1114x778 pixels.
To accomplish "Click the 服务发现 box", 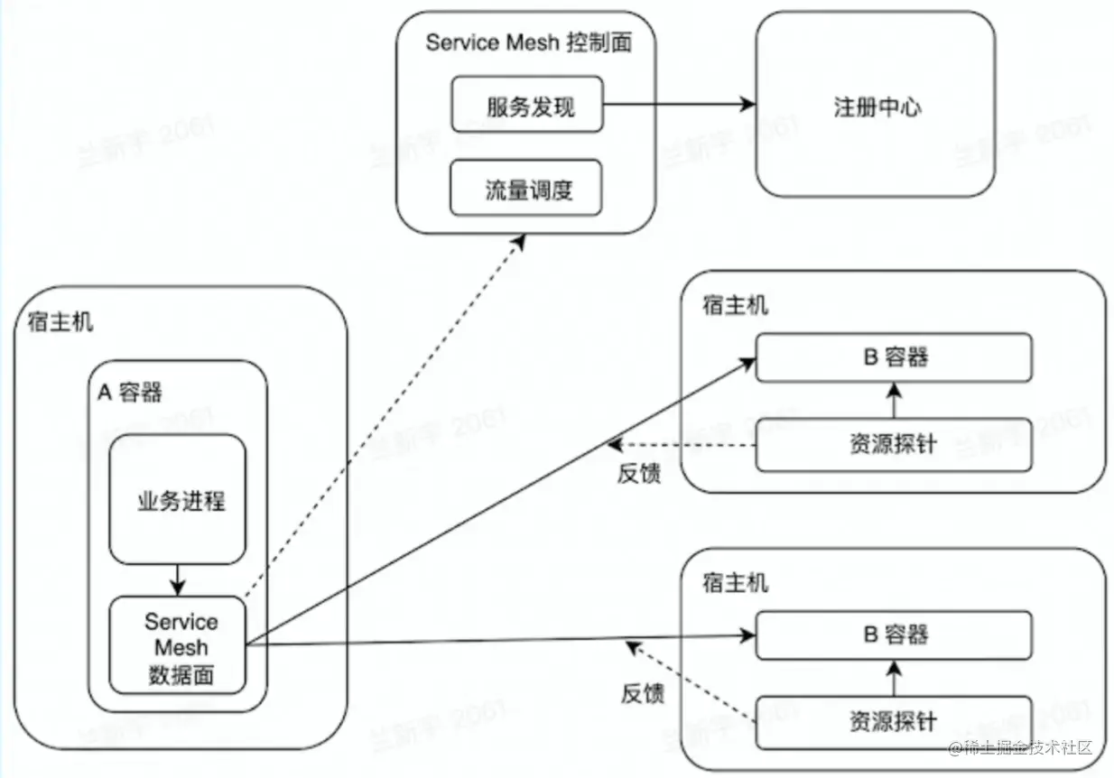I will [x=526, y=106].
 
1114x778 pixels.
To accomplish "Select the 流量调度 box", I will [x=526, y=189].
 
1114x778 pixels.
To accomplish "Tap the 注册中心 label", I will [x=877, y=107].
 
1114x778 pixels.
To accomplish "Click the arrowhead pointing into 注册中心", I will [x=747, y=105].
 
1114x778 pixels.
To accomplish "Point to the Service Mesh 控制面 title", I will [x=527, y=43].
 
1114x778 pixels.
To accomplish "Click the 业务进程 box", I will [x=178, y=501].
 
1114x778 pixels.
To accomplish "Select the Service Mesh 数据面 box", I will [x=178, y=646].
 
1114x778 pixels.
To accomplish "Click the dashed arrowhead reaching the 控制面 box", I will [x=519, y=241].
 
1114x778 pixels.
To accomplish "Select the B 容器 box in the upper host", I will [x=894, y=357].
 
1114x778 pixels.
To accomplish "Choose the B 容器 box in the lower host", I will [x=894, y=634].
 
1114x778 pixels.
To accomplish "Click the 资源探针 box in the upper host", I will [x=894, y=444].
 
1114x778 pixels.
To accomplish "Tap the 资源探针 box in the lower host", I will [x=894, y=721].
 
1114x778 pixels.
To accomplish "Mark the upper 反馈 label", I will [x=638, y=474].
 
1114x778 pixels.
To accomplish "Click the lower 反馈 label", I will [x=643, y=693].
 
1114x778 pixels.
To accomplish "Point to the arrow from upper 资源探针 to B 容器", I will [x=894, y=400].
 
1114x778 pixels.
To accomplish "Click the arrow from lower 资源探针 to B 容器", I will [x=894, y=677].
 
